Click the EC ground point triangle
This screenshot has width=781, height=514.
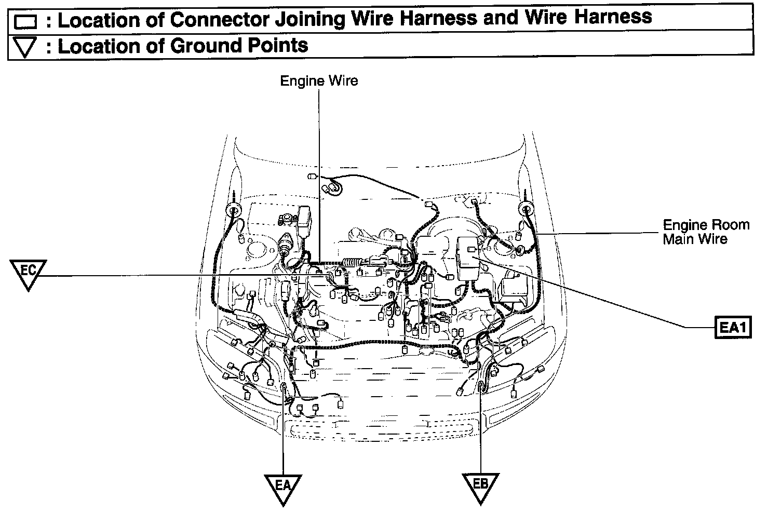coord(28,274)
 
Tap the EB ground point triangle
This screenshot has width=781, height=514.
coord(480,487)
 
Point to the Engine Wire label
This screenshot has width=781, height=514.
coord(319,81)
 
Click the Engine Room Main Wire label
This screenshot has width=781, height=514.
coord(706,232)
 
